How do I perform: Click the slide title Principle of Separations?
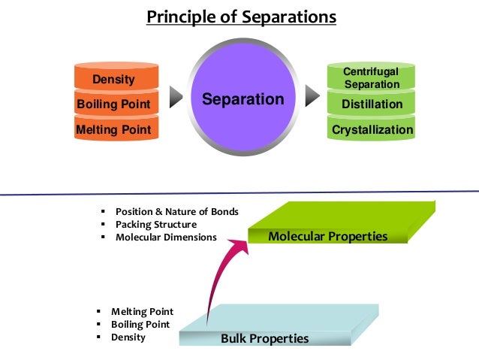pos(241,17)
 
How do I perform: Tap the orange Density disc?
pos(113,79)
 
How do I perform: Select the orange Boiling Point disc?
pos(113,104)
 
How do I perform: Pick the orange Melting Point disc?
pos(113,130)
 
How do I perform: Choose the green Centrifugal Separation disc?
pos(372,78)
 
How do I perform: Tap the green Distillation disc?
pos(372,104)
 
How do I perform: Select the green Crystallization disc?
pos(372,130)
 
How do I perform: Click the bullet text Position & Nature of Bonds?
pos(176,211)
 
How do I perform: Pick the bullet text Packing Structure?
pos(155,224)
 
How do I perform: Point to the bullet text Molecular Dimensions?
pos(166,237)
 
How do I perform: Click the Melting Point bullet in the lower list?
pos(142,311)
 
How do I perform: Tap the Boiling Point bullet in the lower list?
pos(140,325)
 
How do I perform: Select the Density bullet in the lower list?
pos(128,337)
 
